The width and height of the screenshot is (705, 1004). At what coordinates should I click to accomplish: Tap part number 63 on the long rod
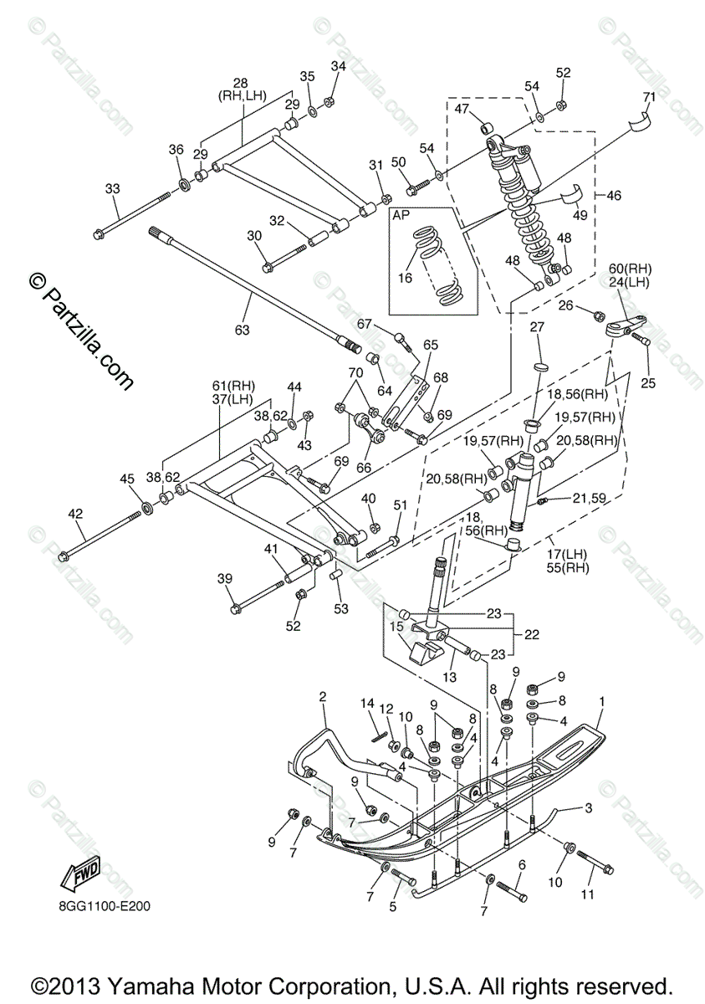(x=242, y=330)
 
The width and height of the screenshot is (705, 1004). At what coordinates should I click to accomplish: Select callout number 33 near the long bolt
(x=113, y=189)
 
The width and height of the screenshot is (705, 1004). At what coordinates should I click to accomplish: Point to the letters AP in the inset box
(x=403, y=216)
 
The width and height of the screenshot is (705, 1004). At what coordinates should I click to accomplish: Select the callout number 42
(x=76, y=515)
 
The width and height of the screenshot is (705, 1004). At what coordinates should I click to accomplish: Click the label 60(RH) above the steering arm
(x=630, y=268)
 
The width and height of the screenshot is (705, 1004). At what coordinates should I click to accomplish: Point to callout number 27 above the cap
(x=537, y=326)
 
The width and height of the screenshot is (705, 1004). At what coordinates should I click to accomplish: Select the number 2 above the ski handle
(x=322, y=696)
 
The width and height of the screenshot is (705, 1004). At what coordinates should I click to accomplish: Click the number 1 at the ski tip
(x=600, y=699)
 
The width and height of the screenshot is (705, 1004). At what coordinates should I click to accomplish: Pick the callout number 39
(x=223, y=579)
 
